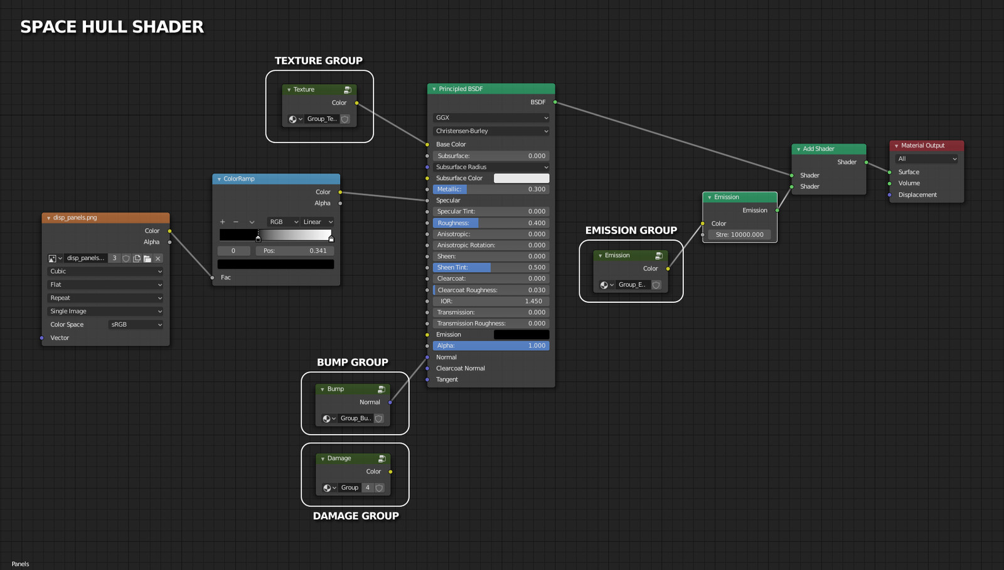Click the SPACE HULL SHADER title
[112, 27]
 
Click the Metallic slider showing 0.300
[491, 189]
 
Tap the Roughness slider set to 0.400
[491, 223]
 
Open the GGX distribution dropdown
[491, 118]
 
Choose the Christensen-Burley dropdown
[491, 131]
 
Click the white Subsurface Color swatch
[521, 179]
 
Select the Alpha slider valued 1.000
[491, 346]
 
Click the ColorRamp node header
[276, 179]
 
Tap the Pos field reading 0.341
[294, 251]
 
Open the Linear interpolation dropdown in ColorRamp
[318, 222]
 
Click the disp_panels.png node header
[105, 218]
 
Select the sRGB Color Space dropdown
[136, 325]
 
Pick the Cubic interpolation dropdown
[105, 272]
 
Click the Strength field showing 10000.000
[739, 235]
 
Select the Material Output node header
[926, 145]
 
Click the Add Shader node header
[828, 149]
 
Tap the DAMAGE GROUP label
[356, 516]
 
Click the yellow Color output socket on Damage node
[390, 472]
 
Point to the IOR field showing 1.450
[491, 301]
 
